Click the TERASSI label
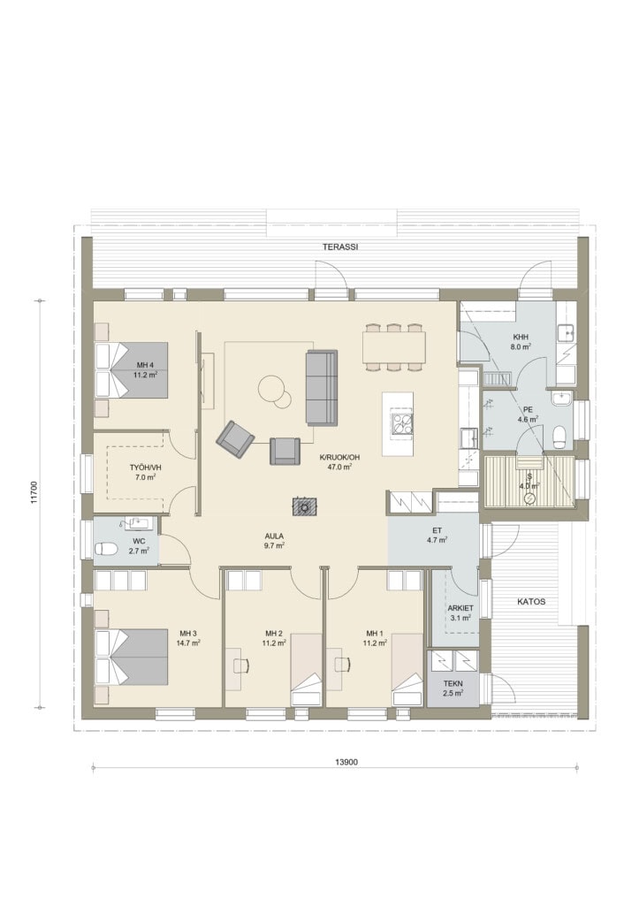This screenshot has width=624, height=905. pyautogui.click(x=340, y=247)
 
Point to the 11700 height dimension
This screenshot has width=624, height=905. pyautogui.click(x=34, y=493)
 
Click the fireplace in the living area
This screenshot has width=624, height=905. pyautogui.click(x=304, y=506)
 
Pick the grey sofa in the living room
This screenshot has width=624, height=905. pyautogui.click(x=321, y=387)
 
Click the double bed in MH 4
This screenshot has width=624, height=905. pyautogui.click(x=132, y=370)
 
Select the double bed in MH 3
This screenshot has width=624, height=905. pyautogui.click(x=132, y=657)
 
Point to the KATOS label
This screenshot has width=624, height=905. pyautogui.click(x=531, y=601)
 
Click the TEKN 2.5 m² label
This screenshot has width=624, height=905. pyautogui.click(x=453, y=688)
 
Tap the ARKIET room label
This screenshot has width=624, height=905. pyautogui.click(x=460, y=608)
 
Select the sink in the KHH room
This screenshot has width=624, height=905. pyautogui.click(x=565, y=332)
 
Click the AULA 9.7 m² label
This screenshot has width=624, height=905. pyautogui.click(x=274, y=540)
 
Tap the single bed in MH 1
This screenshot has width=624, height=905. pyautogui.click(x=407, y=670)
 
